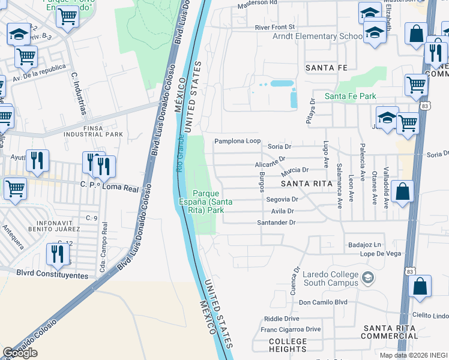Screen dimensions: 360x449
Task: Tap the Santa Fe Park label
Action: click(350, 96)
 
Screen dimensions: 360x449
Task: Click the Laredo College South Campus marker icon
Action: click(369, 277)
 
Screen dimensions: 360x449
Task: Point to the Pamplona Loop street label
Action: click(238, 142)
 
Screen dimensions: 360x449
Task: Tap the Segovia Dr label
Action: click(282, 199)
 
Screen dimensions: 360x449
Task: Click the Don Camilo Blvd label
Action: click(323, 302)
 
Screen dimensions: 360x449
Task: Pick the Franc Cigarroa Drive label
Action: click(291, 329)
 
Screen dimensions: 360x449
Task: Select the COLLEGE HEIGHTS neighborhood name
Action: click(279, 345)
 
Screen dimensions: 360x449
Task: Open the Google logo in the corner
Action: click(20, 353)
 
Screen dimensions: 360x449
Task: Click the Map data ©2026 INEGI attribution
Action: click(414, 355)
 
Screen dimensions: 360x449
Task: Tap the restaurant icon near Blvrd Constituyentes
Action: click(57, 254)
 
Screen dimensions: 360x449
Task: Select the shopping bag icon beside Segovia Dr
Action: click(403, 192)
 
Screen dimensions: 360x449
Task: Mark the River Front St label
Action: click(275, 27)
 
